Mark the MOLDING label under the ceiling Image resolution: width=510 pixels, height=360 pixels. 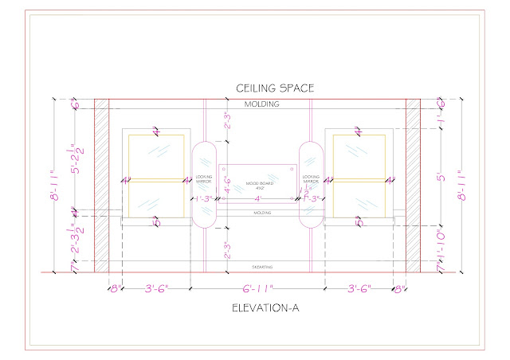[261, 104]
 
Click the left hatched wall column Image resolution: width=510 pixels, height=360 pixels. [101, 185]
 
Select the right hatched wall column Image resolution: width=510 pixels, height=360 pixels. [413, 185]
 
